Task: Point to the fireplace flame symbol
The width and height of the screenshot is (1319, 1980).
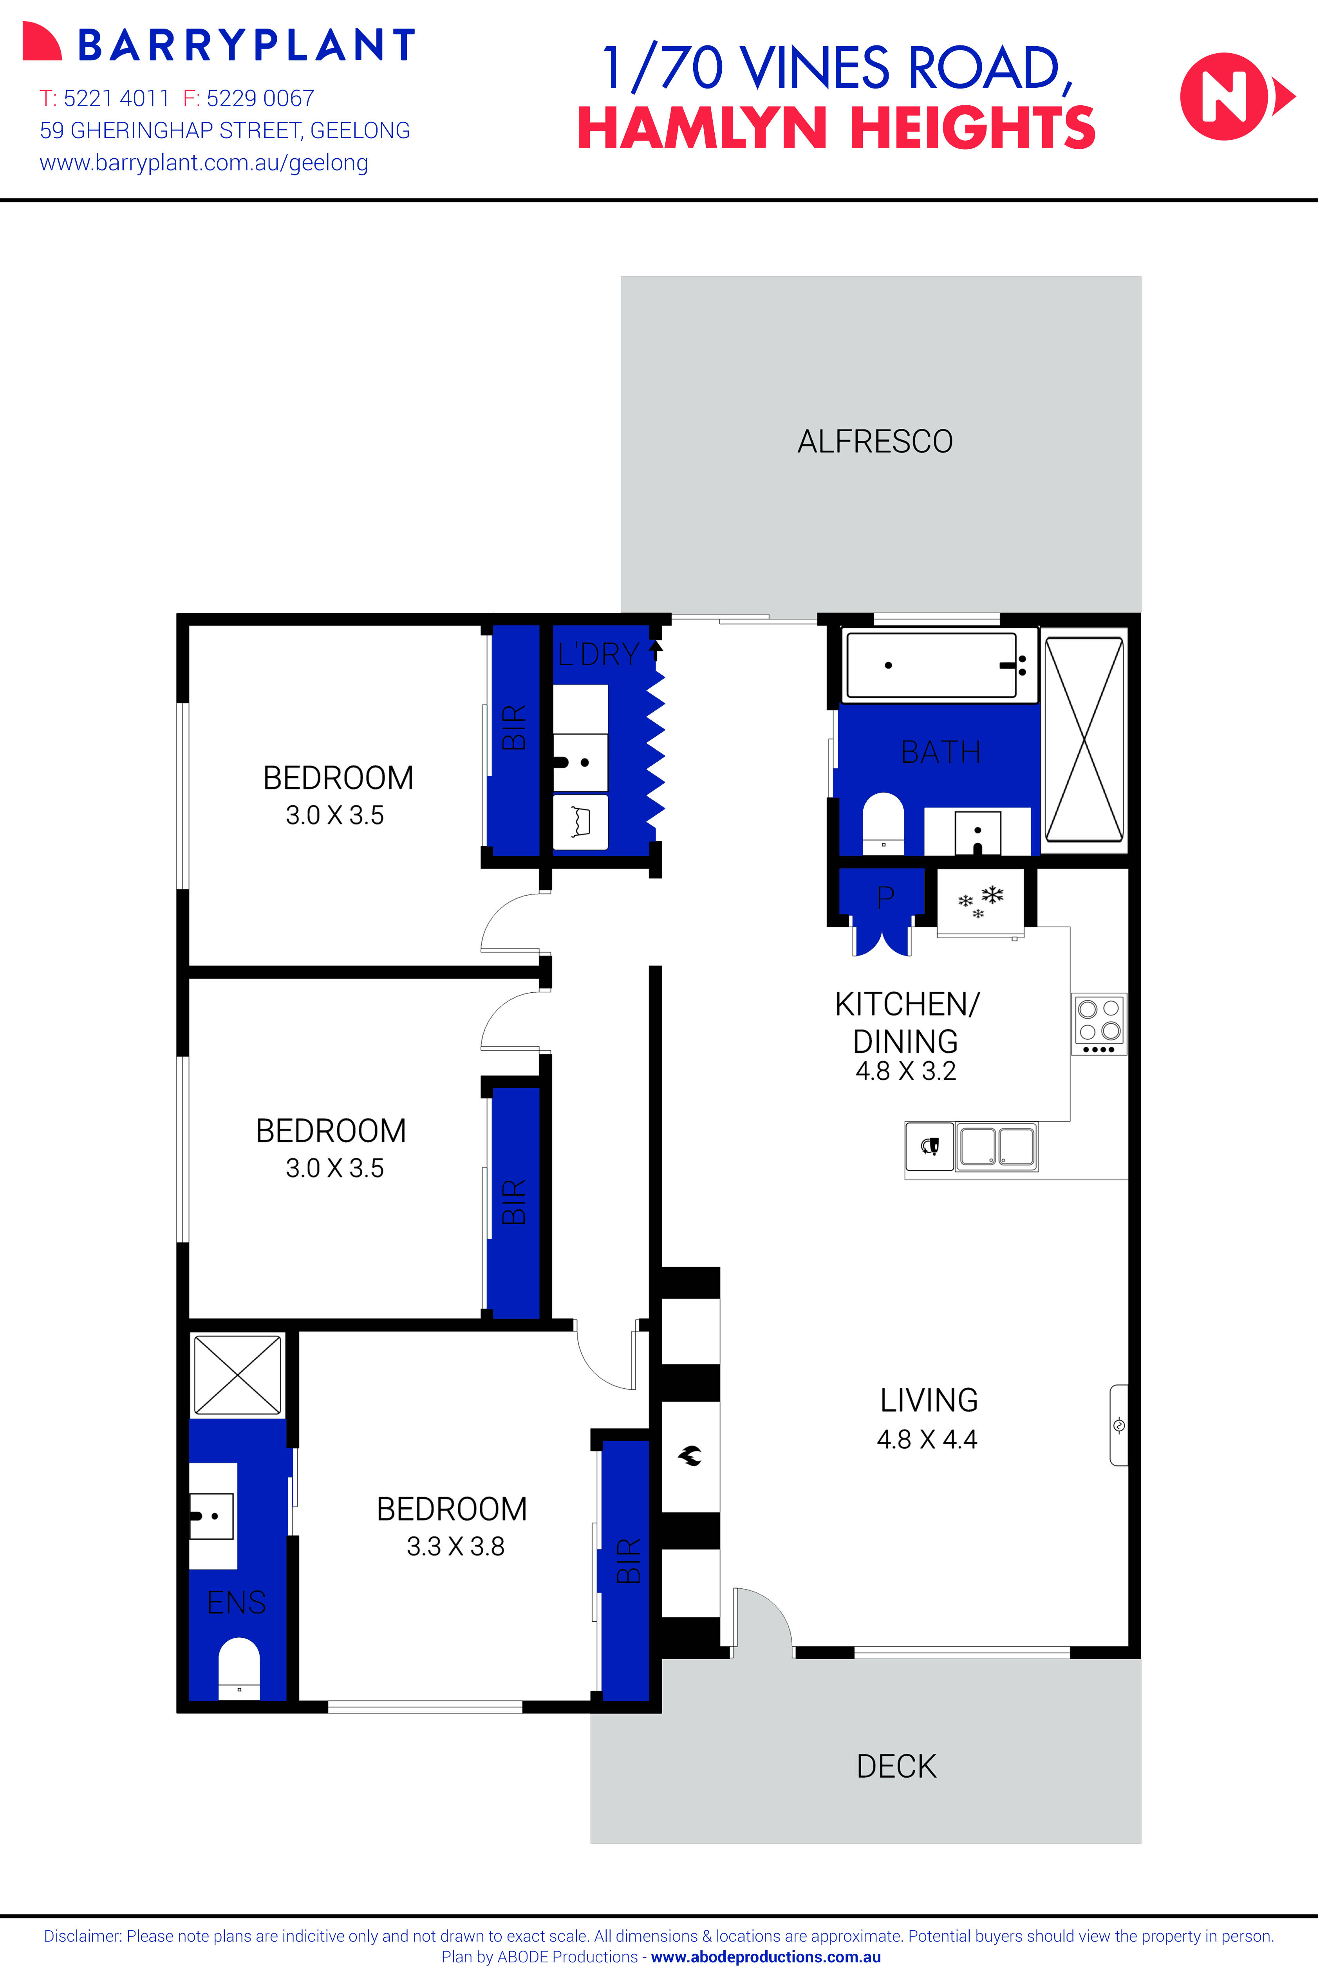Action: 690,1455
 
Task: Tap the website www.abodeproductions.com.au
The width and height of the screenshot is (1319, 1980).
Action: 766,1957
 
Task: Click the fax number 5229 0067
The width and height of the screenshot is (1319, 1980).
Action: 260,98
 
